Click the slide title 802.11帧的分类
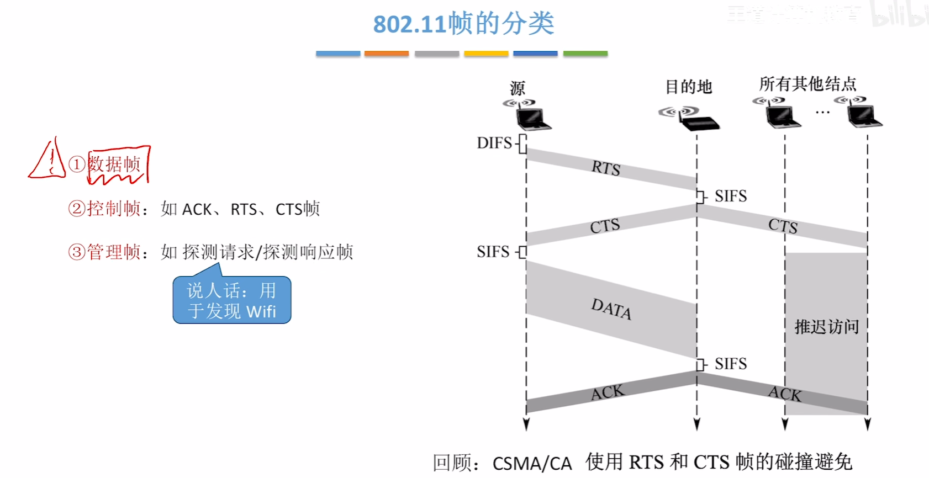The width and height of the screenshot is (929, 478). coord(463,24)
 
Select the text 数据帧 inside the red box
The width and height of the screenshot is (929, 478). coord(115,164)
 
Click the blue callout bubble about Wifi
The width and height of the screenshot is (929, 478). coord(231,300)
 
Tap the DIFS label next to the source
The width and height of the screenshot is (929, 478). coord(494,143)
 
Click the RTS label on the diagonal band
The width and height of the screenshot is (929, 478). coord(606,168)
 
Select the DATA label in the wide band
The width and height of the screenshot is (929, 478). coord(611,309)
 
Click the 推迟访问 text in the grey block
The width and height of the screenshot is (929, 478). coord(826,327)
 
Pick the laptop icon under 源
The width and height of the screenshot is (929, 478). coord(532,118)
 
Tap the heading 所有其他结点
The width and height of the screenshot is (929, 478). coord(807,84)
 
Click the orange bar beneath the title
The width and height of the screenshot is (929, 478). coord(387,54)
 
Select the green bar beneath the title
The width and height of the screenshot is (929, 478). coord(585,54)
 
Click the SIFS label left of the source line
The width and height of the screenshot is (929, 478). coord(493,252)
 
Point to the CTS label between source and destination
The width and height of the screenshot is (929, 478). coord(605,226)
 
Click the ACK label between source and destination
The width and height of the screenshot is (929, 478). coord(607,392)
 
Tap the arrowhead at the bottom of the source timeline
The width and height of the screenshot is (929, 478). coord(526,424)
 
